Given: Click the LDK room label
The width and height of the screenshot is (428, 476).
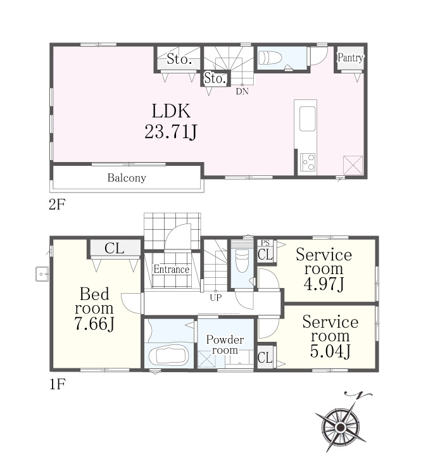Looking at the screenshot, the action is point(171,111).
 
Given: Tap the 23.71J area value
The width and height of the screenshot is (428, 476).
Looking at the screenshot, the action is point(171,132).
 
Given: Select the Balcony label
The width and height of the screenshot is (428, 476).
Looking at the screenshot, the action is point(127,178).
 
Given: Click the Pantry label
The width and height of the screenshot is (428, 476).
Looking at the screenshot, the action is point(350,58).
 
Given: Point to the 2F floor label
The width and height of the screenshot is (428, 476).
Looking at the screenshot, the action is point(57,204).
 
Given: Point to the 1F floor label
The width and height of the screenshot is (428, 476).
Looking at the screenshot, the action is point(57,385).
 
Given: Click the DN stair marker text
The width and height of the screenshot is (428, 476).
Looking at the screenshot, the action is point(242,91).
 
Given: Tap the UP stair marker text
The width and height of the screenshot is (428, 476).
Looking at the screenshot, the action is point(216,297).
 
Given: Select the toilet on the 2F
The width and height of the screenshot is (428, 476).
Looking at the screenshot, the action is point(270,58).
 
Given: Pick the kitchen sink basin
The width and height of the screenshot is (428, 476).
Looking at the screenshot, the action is point(307,119).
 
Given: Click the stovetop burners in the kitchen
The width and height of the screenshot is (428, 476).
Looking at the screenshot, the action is point(308,163).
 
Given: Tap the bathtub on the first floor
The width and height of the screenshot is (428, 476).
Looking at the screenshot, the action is point(169,356).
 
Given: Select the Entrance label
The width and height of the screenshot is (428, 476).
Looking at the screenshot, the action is point(171,269).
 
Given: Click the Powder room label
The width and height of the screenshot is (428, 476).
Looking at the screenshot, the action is point(225,345).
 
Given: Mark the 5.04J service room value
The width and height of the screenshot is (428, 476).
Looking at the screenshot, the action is point(330,351).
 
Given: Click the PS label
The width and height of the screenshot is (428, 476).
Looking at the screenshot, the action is point(265,243).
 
